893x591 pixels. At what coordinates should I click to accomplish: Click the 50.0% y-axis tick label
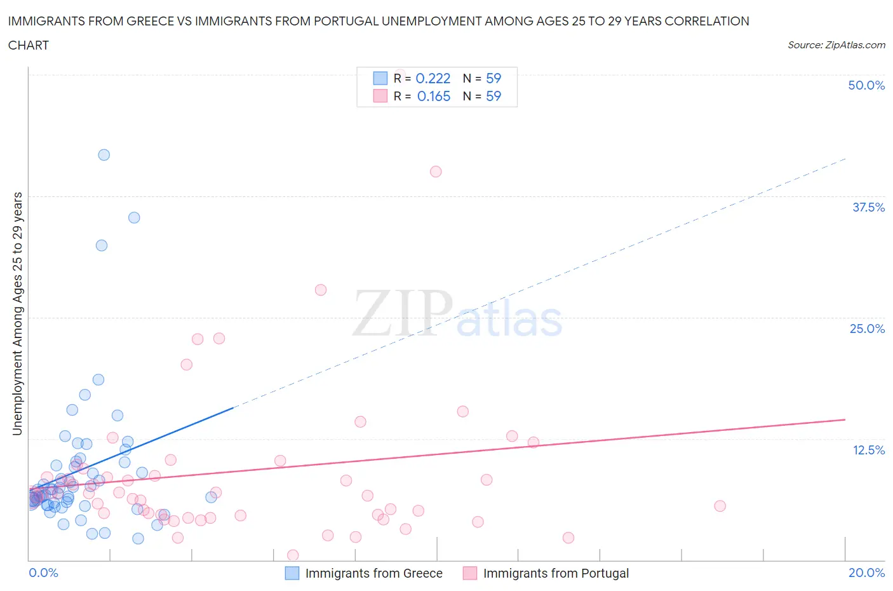click(x=866, y=85)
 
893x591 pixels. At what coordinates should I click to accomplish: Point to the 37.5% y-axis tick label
click(x=868, y=207)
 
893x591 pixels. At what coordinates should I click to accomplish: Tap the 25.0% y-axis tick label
click(x=867, y=329)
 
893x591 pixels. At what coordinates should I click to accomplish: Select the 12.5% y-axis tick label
click(x=868, y=450)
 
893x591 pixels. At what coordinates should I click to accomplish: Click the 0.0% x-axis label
click(x=43, y=573)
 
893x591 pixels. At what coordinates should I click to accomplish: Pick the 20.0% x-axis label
click(x=866, y=573)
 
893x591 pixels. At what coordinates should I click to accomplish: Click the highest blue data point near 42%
click(x=104, y=155)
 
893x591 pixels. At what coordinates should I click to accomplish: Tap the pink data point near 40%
click(x=436, y=172)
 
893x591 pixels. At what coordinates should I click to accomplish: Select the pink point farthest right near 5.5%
click(x=720, y=506)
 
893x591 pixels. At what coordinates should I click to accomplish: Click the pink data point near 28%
click(x=321, y=290)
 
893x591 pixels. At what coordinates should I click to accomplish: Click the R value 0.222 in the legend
click(x=433, y=78)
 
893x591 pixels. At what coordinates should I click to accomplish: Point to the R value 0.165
click(x=434, y=96)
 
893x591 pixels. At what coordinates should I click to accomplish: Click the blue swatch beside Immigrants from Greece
click(x=292, y=573)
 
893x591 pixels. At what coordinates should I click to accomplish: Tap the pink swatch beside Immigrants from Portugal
click(x=470, y=573)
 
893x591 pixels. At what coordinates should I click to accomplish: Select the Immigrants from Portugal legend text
click(x=556, y=573)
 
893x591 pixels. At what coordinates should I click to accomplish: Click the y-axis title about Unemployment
click(x=17, y=314)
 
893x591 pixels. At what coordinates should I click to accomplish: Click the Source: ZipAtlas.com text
click(x=836, y=45)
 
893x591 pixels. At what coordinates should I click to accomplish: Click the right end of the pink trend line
click(x=845, y=419)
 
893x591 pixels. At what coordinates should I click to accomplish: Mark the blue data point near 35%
click(x=134, y=217)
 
